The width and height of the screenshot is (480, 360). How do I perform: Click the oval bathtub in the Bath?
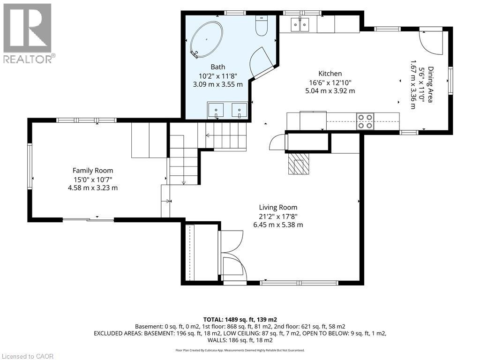tap(207, 39)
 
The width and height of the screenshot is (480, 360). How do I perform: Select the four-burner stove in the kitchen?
tap(365, 121)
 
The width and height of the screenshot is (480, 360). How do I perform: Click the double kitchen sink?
tap(300, 24)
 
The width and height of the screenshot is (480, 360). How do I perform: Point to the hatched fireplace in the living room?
tap(299, 163)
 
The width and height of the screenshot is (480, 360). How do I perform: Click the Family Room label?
tap(93, 171)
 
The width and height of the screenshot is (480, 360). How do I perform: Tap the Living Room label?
tap(278, 208)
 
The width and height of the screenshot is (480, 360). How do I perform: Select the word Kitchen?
tap(330, 74)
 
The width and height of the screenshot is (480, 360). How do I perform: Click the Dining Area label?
tap(431, 84)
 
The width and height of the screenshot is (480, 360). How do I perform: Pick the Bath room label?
tap(217, 67)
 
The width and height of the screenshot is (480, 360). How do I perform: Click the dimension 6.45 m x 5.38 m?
tap(278, 225)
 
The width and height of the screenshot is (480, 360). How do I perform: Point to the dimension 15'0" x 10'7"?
tap(93, 179)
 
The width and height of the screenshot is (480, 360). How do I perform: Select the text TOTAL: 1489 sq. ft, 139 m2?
tap(240, 320)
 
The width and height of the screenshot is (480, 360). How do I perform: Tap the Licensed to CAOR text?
tap(27, 356)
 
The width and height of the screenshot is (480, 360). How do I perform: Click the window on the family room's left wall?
tap(30, 166)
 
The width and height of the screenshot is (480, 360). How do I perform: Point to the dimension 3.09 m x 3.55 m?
tap(217, 84)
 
